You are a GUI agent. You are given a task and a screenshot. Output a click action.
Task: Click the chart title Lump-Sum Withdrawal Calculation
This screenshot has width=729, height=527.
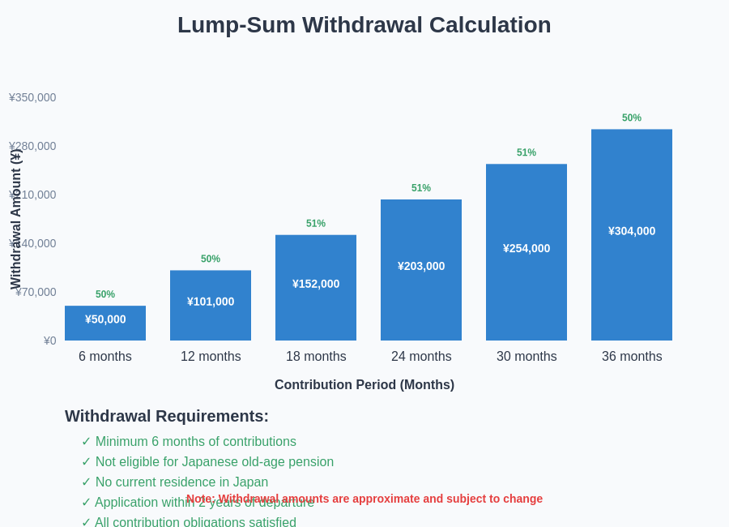(x=364, y=25)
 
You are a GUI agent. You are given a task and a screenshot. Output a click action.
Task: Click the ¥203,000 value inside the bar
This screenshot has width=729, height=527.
(x=421, y=266)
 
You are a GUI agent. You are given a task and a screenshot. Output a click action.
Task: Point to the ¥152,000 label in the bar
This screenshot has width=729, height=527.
(x=316, y=284)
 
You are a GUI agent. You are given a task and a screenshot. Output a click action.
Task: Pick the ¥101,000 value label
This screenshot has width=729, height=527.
(x=211, y=302)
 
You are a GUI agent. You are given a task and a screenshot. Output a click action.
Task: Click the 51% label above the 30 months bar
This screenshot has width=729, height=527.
(x=526, y=152)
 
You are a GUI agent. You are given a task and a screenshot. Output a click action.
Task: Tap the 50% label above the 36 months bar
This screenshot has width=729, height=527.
(x=632, y=118)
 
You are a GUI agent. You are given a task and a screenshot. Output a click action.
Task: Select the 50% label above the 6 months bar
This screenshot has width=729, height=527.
(x=105, y=294)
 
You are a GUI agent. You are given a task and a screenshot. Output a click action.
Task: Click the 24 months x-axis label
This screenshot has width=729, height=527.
(x=421, y=357)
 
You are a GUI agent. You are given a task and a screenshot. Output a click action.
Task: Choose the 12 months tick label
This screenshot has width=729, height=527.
(x=211, y=357)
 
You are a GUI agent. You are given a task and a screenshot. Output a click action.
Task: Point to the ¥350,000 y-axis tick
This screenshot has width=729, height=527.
(x=32, y=97)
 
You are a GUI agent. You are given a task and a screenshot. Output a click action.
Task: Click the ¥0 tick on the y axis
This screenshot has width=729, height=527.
(x=50, y=341)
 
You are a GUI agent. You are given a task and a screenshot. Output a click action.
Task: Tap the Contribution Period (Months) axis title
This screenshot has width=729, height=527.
(x=364, y=385)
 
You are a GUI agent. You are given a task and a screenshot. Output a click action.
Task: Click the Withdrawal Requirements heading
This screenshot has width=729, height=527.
(x=167, y=416)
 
